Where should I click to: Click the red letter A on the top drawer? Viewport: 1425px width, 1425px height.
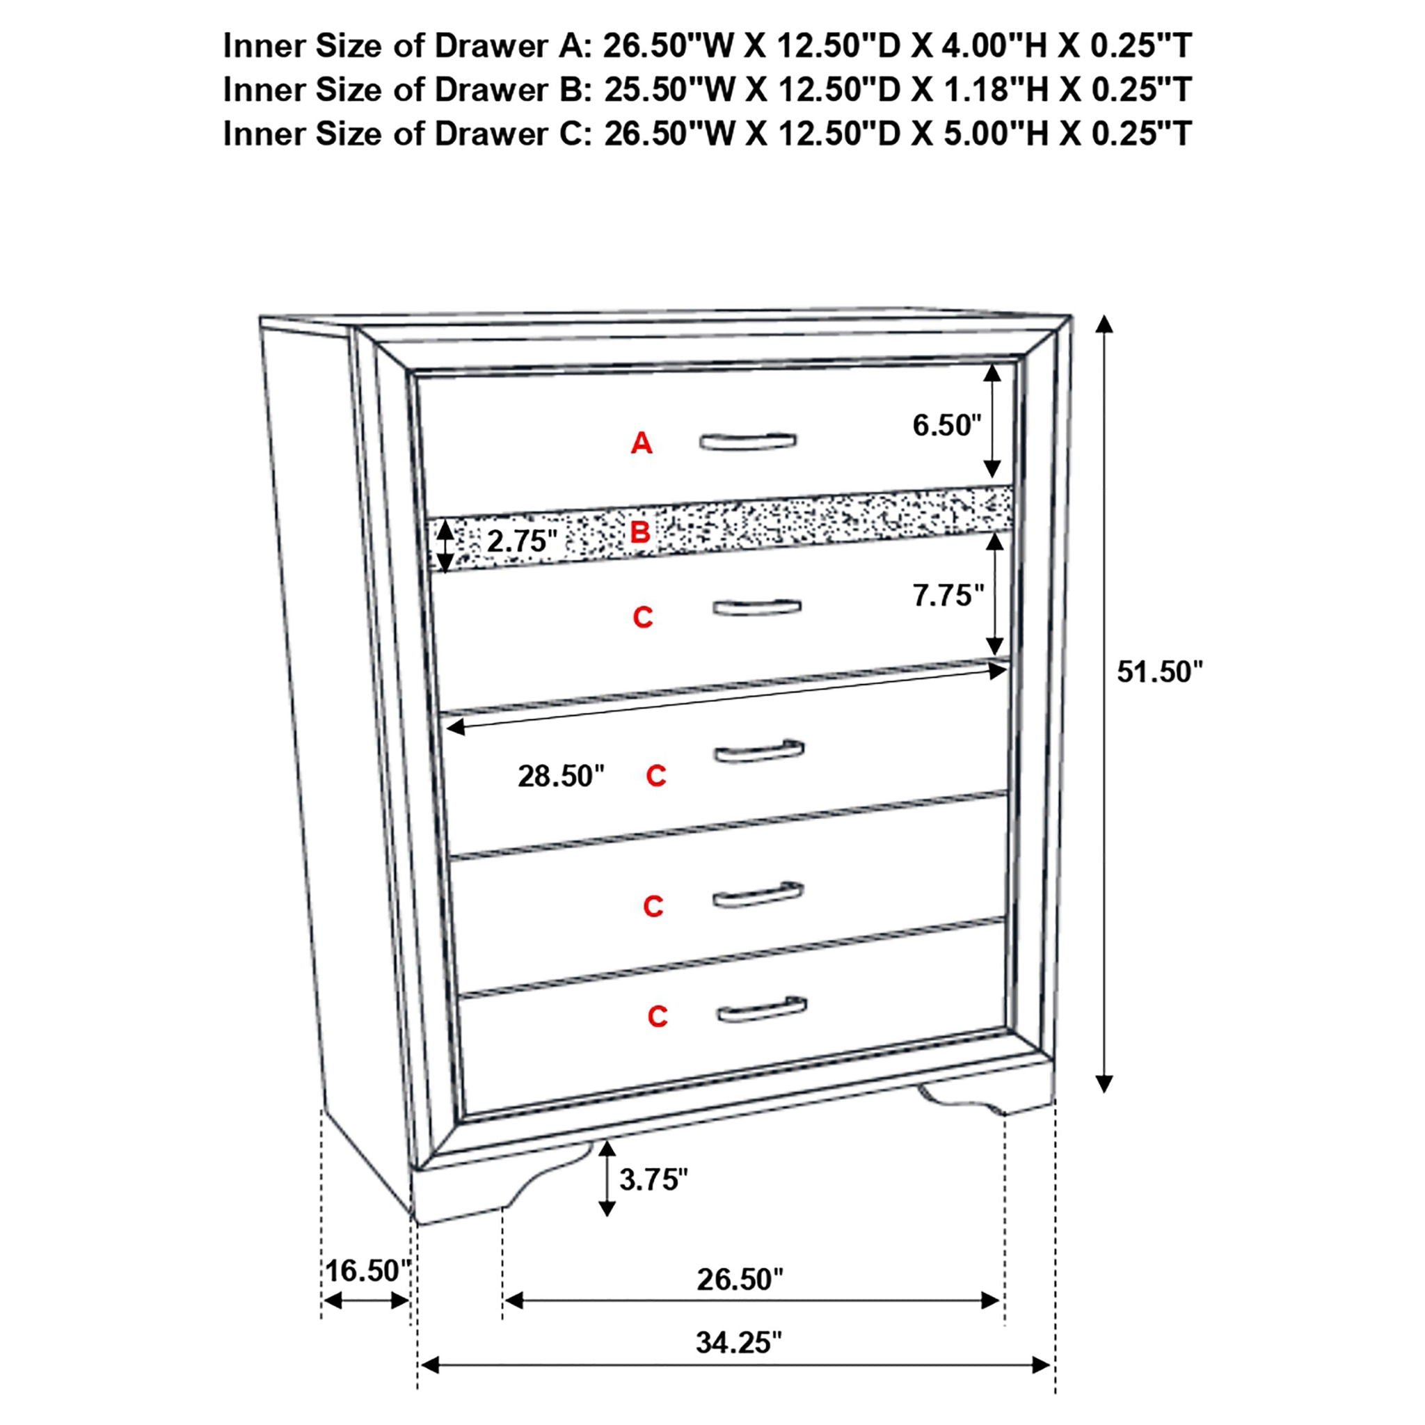[641, 443]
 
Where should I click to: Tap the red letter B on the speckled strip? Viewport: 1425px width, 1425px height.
[639, 532]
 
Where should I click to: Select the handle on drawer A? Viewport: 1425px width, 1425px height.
[747, 440]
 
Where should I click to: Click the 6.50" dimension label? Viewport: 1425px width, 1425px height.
[947, 426]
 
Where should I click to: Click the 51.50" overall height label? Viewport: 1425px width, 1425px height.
[1159, 672]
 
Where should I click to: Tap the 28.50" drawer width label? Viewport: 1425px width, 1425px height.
[561, 776]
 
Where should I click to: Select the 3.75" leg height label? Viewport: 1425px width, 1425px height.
[653, 1180]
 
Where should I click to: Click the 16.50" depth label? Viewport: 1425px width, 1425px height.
[367, 1271]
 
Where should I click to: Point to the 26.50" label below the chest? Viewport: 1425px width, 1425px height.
[740, 1280]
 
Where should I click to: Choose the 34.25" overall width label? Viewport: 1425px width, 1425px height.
[738, 1343]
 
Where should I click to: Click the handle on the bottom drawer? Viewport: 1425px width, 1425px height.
[761, 1010]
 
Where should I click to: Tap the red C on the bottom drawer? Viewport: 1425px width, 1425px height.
[657, 1017]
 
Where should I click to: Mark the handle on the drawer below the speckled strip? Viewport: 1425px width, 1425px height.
[757, 607]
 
